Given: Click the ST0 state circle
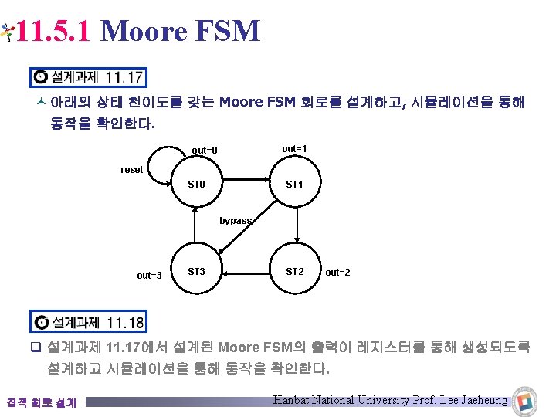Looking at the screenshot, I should (x=197, y=185).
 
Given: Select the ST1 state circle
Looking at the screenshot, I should (x=295, y=185).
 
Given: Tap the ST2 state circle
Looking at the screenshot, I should (x=295, y=271).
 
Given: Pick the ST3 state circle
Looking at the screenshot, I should (x=197, y=271).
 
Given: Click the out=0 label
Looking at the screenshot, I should (x=205, y=150).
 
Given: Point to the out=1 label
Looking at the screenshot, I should (x=294, y=148).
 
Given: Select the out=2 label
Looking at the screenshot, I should (x=337, y=272).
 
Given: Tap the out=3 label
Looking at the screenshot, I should (x=149, y=276).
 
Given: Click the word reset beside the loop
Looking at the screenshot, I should (x=132, y=170).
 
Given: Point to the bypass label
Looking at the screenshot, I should (x=236, y=221).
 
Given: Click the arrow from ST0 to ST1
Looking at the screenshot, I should (x=246, y=185).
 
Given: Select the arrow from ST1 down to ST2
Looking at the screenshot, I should (x=297, y=228).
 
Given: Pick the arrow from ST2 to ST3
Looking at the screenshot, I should (x=246, y=272).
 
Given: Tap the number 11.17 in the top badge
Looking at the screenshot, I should (x=124, y=77).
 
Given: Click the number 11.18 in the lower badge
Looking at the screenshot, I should (x=124, y=322).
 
